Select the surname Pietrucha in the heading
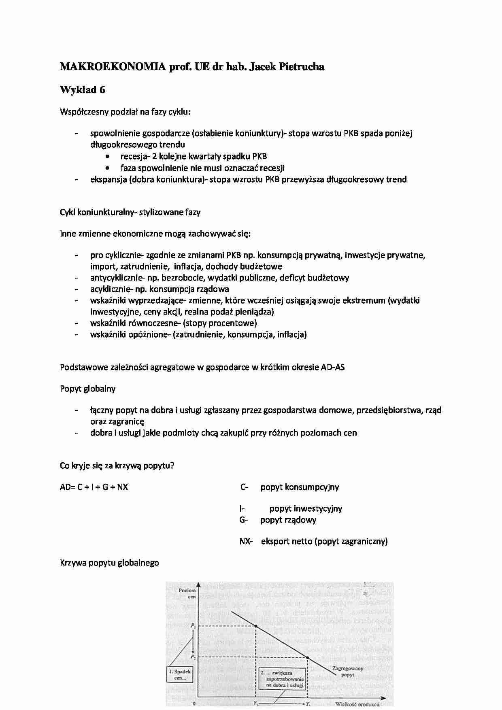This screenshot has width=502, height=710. (x=301, y=67)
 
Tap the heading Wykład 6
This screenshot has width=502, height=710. (x=82, y=90)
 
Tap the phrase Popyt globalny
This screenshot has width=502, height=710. (x=87, y=389)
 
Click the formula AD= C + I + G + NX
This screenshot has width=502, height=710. (x=94, y=487)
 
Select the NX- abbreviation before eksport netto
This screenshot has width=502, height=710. (x=246, y=541)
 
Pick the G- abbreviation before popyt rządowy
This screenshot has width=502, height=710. (x=243, y=520)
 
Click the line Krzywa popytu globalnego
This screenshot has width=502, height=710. (x=109, y=563)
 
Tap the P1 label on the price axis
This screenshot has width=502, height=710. (x=193, y=626)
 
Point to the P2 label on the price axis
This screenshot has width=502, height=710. (x=193, y=657)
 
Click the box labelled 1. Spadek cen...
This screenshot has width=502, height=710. (x=180, y=675)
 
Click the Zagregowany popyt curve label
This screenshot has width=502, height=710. (x=347, y=672)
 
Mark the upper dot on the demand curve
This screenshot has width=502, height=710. (x=256, y=626)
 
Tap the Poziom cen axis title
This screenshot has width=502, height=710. (x=187, y=593)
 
